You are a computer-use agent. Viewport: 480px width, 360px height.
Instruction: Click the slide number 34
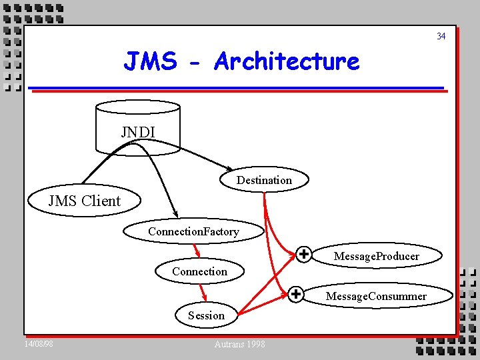(x=441, y=36)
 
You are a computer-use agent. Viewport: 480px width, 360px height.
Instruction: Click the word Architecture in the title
(x=287, y=61)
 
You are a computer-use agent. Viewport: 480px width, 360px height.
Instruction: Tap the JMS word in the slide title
(x=151, y=61)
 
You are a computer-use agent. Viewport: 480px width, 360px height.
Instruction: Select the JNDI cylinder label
(x=138, y=132)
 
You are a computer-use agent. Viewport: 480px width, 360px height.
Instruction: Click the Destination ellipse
(x=264, y=180)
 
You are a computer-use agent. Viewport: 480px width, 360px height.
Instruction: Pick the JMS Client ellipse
(x=84, y=201)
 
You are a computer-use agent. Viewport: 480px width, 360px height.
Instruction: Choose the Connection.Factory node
(x=193, y=231)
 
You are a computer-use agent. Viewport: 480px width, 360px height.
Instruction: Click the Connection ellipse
(x=199, y=271)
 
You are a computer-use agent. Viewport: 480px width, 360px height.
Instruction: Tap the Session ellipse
(x=206, y=315)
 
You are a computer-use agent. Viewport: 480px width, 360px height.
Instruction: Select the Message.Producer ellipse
(x=377, y=256)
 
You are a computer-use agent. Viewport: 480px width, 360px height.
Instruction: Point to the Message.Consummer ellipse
(x=376, y=295)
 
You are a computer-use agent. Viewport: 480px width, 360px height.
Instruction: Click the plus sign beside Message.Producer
(x=303, y=254)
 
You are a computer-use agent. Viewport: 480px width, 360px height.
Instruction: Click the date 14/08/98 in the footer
(x=39, y=344)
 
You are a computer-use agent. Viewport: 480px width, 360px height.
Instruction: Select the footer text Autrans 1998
(x=239, y=344)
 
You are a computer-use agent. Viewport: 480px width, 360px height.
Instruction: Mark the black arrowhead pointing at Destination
(x=228, y=168)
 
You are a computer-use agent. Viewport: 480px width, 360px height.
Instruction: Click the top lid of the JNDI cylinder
(x=138, y=106)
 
